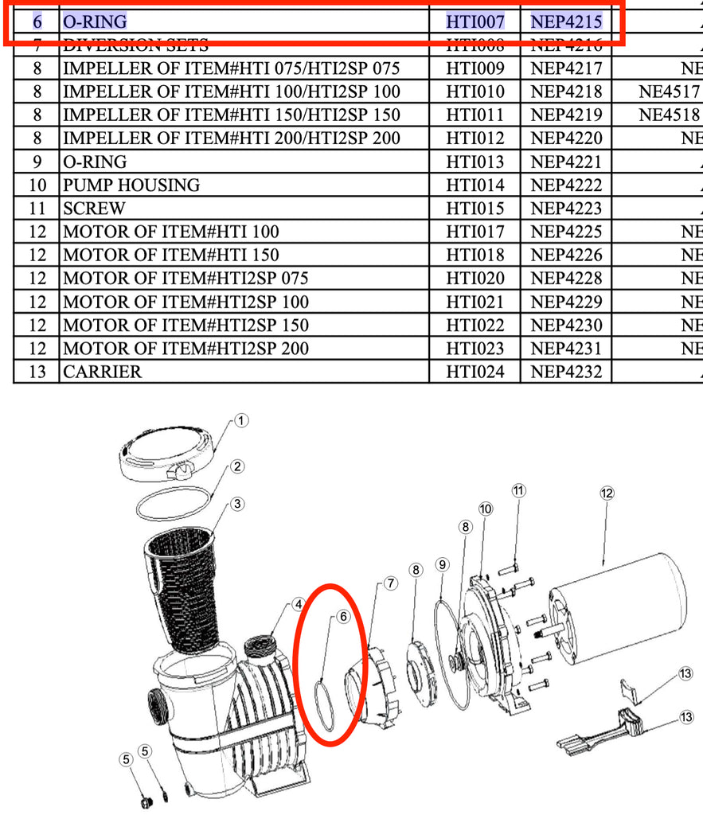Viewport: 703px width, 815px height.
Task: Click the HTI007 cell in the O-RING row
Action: [x=475, y=21]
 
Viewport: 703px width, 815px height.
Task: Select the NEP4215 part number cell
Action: [x=566, y=21]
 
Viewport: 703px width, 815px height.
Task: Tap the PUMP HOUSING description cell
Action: [x=131, y=185]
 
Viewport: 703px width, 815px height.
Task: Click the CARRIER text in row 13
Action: [x=103, y=372]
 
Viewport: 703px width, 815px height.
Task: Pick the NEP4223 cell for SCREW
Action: [x=566, y=209]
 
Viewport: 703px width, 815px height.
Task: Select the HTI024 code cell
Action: [x=475, y=372]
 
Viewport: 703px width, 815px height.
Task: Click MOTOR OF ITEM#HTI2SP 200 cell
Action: [x=186, y=349]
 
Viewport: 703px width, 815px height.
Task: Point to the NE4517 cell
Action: [x=669, y=92]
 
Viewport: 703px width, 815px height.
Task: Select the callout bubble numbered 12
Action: [x=607, y=493]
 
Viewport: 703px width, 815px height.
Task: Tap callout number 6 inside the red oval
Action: [x=343, y=616]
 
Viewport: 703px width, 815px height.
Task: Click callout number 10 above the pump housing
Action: [x=486, y=509]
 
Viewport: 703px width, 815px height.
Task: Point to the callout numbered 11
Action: [x=518, y=490]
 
